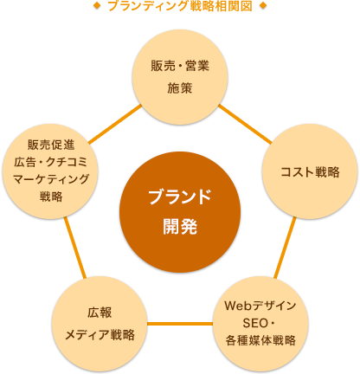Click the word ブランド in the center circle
click(x=180, y=197)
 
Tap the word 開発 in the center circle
click(x=180, y=227)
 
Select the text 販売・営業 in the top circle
click(x=180, y=66)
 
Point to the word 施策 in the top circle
click(x=180, y=87)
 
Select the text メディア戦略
click(x=99, y=334)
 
